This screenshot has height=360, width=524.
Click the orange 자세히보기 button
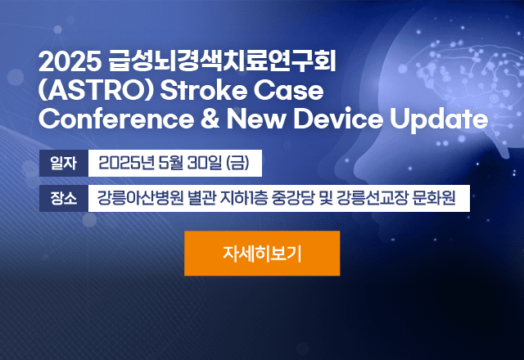click(x=262, y=253)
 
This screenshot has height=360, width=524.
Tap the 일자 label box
click(x=64, y=163)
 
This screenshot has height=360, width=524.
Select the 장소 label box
click(x=64, y=198)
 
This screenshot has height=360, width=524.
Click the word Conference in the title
click(x=116, y=119)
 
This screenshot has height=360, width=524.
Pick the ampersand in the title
click(x=210, y=119)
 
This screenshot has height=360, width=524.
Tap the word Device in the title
click(x=338, y=119)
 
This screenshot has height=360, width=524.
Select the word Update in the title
click(x=439, y=120)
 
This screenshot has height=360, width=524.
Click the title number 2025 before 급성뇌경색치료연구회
click(x=70, y=61)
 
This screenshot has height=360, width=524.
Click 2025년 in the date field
click(x=126, y=163)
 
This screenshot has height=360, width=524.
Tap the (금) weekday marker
click(x=237, y=163)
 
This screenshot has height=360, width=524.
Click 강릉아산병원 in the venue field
click(x=140, y=198)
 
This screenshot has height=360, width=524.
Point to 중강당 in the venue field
click(x=293, y=198)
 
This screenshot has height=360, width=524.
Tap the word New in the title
click(x=256, y=119)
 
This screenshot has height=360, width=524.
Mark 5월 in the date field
click(x=171, y=163)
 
